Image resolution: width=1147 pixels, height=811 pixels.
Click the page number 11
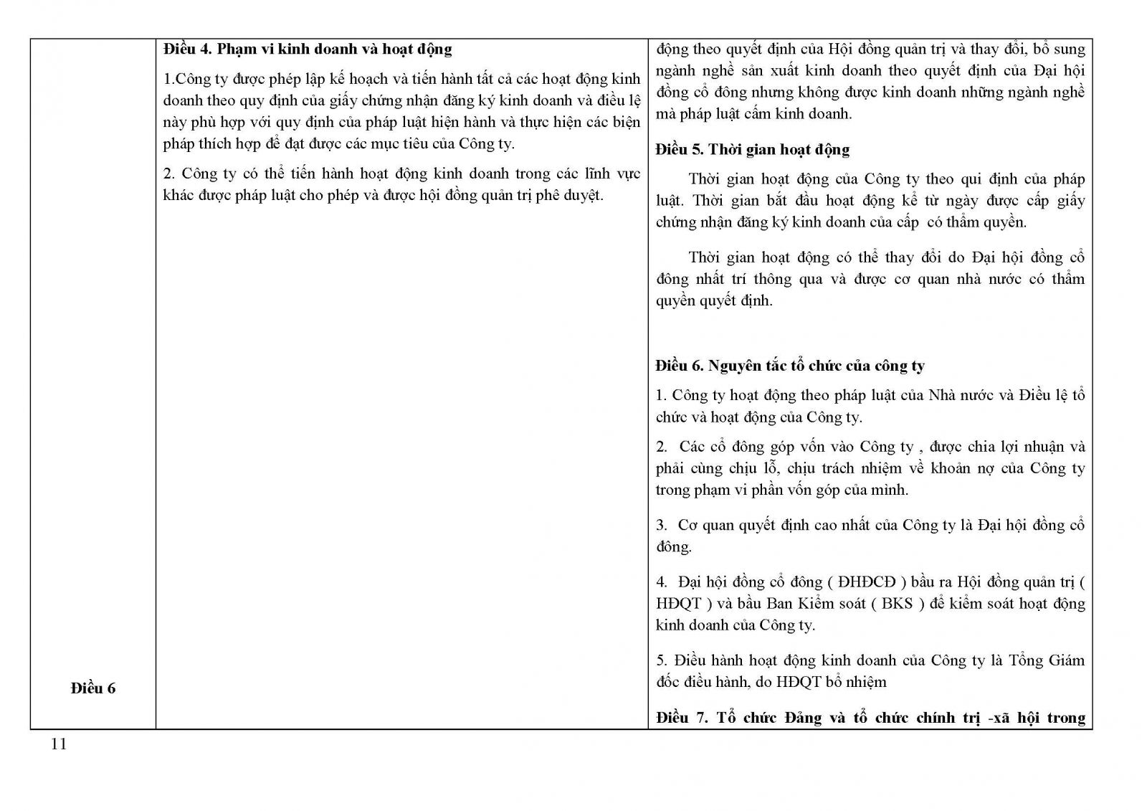[59, 744]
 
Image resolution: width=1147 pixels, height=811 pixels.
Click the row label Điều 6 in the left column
[93, 688]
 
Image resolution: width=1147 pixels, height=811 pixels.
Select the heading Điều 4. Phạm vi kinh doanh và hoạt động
[308, 49]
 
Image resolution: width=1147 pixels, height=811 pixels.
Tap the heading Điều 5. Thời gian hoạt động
[752, 150]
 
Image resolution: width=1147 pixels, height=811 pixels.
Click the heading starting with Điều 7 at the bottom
[870, 717]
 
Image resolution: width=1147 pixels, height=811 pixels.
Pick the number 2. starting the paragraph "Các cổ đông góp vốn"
[661, 447]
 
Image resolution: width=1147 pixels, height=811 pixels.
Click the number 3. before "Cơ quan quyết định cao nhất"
[661, 525]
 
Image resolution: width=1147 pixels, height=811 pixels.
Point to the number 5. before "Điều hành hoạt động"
[661, 660]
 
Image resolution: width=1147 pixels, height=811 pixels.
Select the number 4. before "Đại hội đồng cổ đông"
[661, 582]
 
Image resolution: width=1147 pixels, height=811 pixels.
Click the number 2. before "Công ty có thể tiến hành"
[169, 174]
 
